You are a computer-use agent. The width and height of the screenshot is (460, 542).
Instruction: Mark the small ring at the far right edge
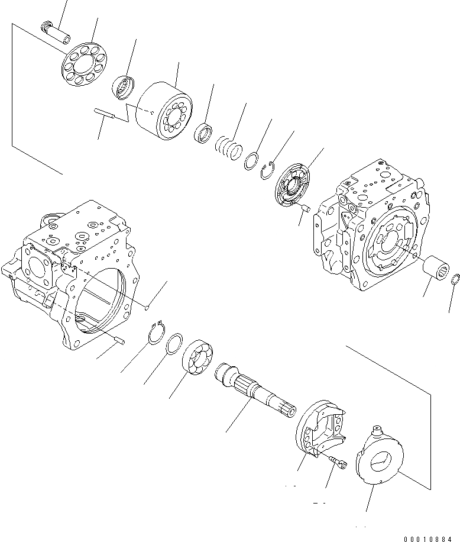(456, 279)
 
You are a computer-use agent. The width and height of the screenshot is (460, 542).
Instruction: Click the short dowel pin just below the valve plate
(306, 208)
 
